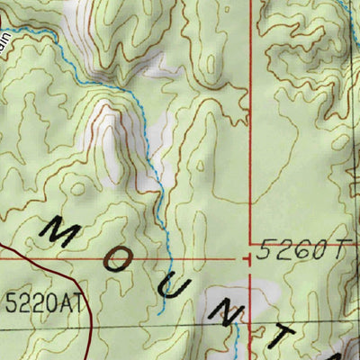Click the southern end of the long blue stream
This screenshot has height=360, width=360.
coord(160,312)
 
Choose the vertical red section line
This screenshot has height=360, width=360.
coord(249,135)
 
